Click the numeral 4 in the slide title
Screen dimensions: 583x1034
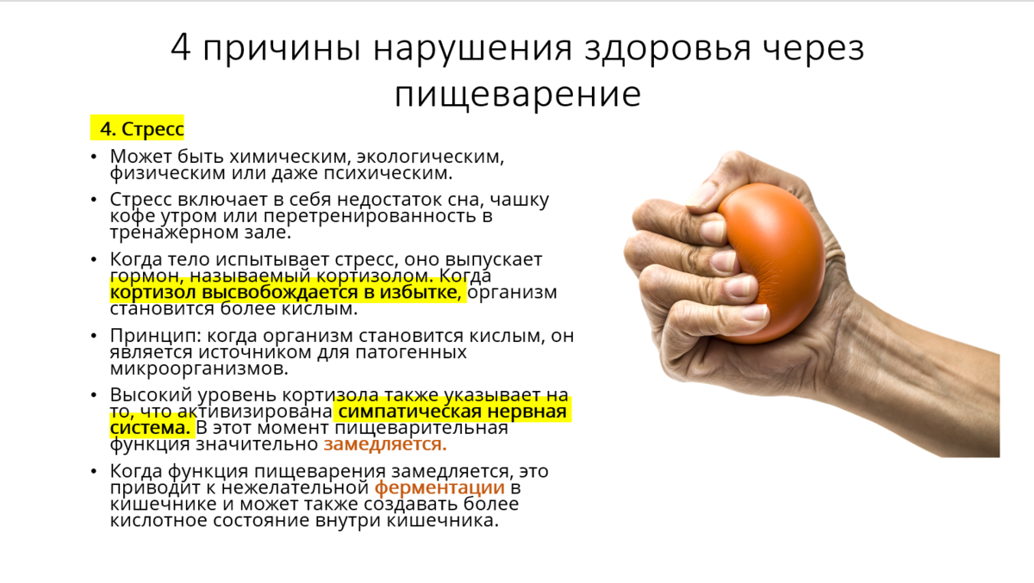point(180,48)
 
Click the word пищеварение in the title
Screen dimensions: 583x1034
point(517,94)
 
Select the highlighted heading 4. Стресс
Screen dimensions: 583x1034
point(138,129)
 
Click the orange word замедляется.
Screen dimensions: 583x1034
point(385,445)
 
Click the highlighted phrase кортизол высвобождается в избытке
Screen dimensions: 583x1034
point(286,293)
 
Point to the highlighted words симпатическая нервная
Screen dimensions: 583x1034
point(452,412)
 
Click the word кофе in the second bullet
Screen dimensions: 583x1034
point(131,216)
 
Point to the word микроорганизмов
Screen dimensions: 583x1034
point(198,369)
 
